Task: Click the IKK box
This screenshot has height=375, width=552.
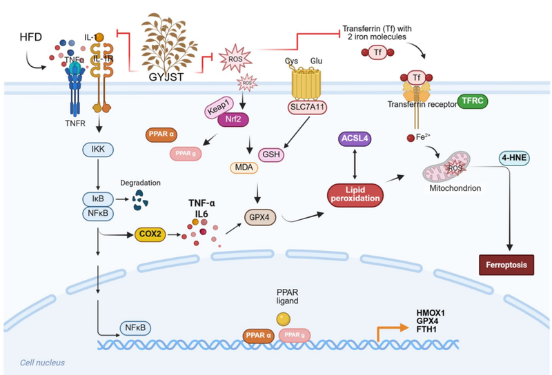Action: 113,148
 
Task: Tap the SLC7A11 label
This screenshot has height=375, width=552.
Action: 306,108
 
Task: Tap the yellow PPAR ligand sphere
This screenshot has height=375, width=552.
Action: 282,319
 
